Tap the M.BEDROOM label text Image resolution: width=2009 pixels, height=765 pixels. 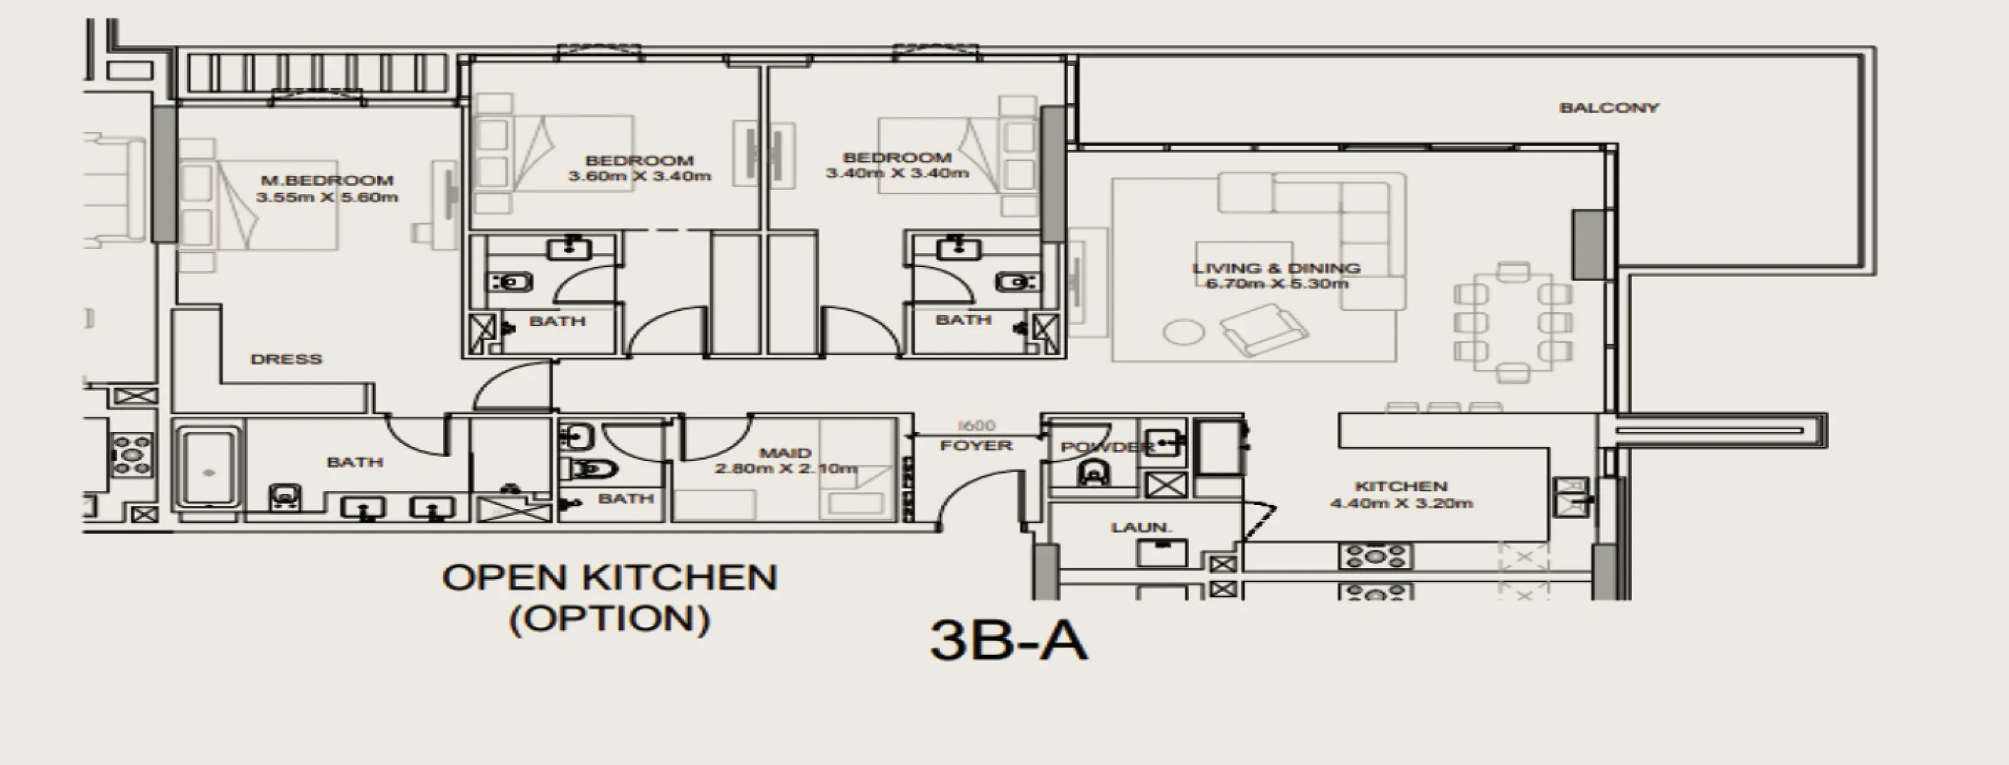point(327,181)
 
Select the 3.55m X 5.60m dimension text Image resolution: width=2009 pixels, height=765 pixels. point(327,198)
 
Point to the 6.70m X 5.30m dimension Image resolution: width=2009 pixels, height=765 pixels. point(1276,284)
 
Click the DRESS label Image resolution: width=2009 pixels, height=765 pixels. point(286,360)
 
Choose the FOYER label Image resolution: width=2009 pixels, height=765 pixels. point(976,446)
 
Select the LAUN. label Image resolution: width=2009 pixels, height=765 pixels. point(1141,528)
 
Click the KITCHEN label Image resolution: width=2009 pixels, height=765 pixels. point(1401,487)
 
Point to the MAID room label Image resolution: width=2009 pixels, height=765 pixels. point(785,453)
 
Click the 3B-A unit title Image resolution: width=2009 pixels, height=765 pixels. point(1009,641)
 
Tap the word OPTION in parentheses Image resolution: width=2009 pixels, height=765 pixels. point(610,619)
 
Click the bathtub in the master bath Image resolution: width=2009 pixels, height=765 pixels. point(207,467)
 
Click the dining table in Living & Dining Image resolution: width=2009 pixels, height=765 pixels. point(1513,321)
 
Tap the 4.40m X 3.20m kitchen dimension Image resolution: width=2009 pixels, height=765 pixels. point(1401,504)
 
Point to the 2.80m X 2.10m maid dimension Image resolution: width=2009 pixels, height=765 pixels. point(785,469)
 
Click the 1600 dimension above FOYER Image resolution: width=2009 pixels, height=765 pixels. point(977,426)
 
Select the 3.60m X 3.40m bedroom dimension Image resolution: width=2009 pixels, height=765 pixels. point(639,176)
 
